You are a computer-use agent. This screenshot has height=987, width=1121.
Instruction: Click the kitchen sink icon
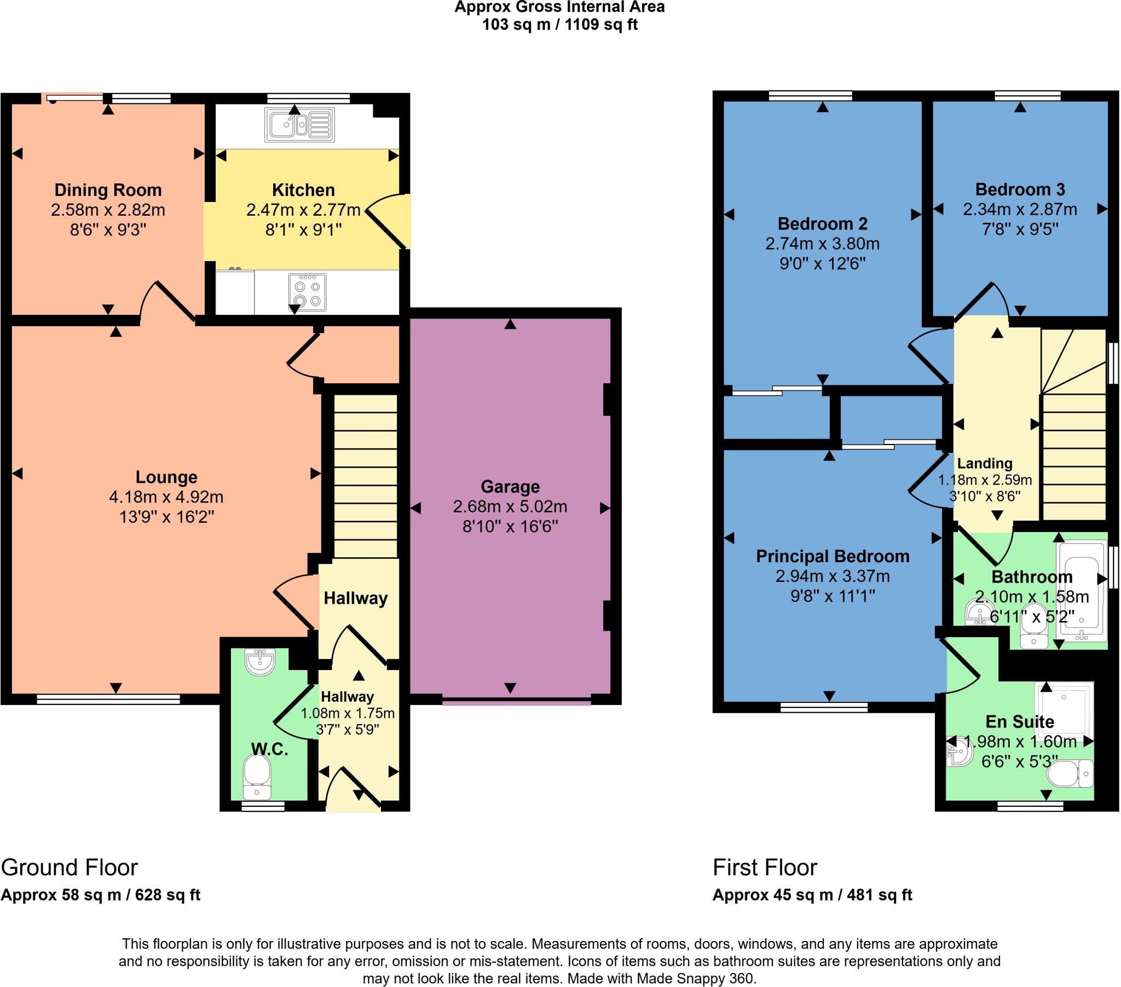pos(299,125)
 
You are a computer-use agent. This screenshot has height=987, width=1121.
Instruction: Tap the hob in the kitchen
pos(307,292)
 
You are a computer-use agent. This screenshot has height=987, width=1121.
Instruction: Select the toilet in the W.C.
pos(257,777)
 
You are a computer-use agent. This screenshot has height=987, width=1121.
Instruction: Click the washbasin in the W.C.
pos(260,662)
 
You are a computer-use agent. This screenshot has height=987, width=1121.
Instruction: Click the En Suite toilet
pos(1070,774)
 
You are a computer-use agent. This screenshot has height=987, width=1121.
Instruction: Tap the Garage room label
pos(510,487)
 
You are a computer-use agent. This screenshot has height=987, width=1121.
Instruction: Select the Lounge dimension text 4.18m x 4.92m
pos(166,497)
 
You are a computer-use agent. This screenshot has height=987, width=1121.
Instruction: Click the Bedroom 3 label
pos(1020,189)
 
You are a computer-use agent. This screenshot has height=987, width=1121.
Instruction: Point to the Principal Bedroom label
pos(833,556)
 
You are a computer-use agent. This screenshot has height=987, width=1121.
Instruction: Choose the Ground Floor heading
pos(69,868)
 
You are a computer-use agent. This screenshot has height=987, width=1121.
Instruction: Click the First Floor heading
pos(765,868)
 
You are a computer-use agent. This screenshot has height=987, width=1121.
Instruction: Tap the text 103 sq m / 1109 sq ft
pos(560,25)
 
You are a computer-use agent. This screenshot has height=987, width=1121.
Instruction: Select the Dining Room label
pos(108,190)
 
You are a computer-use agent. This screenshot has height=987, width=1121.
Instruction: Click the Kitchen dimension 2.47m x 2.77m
pos(303,210)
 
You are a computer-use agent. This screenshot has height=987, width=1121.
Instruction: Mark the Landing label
pos(985,464)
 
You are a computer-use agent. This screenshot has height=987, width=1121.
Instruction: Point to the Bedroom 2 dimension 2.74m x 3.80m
pos(823,244)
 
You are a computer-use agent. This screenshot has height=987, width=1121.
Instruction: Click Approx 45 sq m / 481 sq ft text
pos(812,895)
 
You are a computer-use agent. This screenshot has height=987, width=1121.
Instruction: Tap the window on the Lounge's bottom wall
pos(108,699)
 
